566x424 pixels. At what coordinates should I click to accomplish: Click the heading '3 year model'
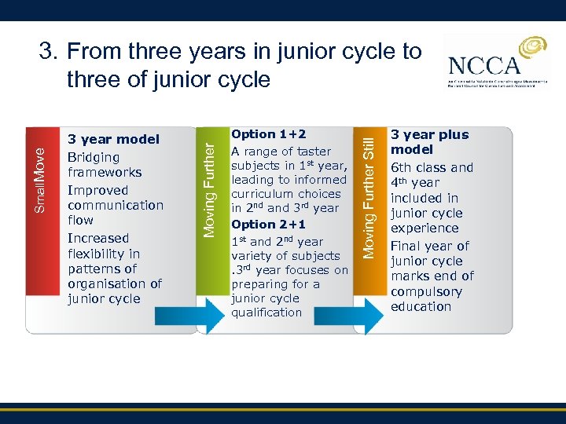pos(113,140)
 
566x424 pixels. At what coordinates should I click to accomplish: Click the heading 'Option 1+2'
pos(263,134)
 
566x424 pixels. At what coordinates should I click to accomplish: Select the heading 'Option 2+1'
pos(263,225)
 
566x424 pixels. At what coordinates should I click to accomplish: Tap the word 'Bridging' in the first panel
pos(92,157)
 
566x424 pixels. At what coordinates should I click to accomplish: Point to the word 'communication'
pos(115,205)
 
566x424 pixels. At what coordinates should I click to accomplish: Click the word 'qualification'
pos(266,313)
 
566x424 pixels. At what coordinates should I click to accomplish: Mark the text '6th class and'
pos(432,167)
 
